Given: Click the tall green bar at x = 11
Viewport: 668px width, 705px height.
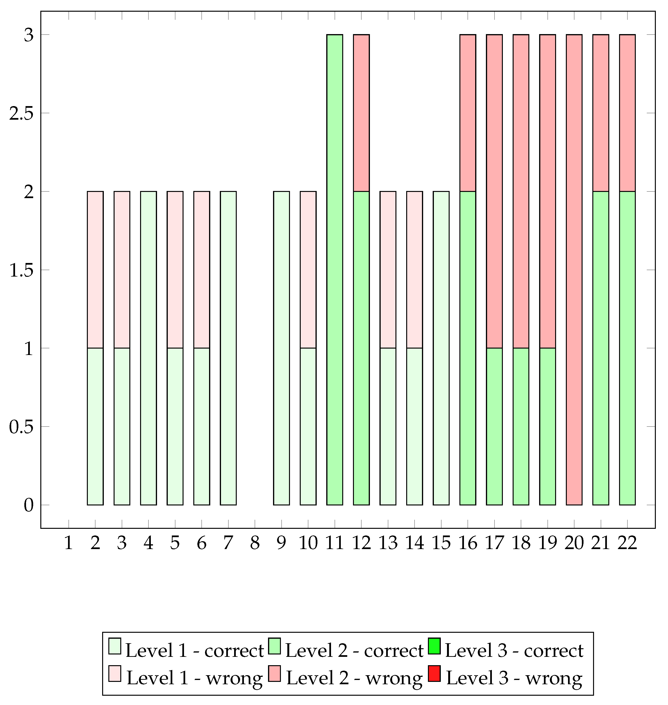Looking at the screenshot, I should click(335, 270).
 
